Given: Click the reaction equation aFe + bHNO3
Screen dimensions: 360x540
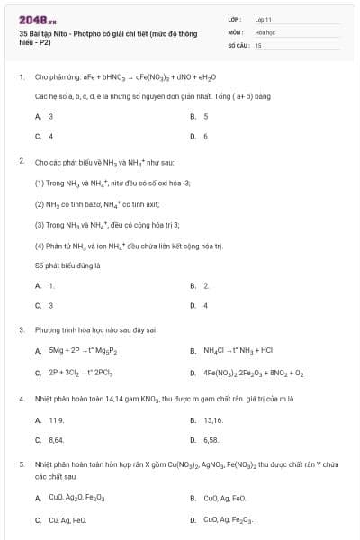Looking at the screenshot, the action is coord(125,77).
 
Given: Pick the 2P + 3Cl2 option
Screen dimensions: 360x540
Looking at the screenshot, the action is coord(80,372).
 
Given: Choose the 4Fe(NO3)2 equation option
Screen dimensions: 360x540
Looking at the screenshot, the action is coord(253,372).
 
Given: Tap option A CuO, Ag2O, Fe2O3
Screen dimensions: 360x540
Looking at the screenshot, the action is coord(76,498).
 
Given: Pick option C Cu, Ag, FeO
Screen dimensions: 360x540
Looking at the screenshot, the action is coord(67,519).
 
